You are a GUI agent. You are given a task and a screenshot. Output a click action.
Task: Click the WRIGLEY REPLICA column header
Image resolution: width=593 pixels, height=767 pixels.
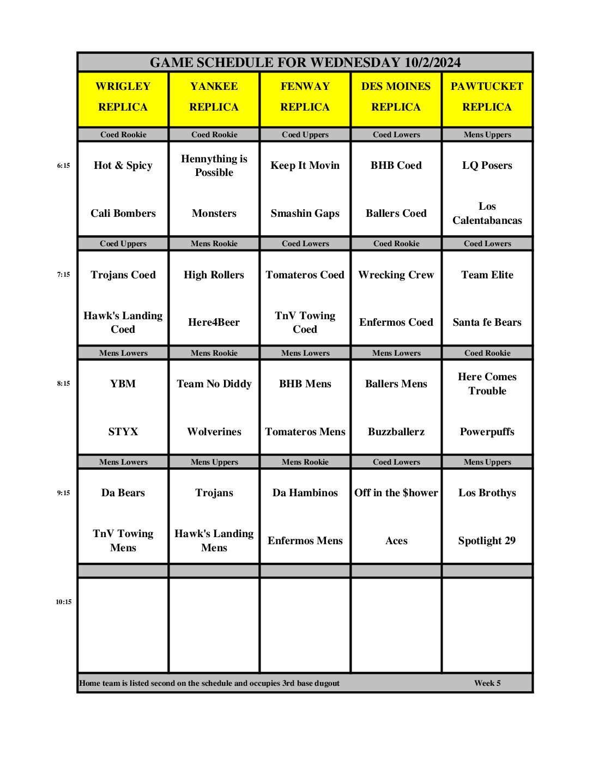point(123,97)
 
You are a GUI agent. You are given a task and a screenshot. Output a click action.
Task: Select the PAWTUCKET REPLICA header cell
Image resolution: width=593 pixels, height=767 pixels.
point(487,97)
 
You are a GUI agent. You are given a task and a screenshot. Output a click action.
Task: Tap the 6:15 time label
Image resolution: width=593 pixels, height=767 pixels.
point(64,166)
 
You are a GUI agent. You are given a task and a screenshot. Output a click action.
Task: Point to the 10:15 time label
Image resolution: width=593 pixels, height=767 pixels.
point(64,602)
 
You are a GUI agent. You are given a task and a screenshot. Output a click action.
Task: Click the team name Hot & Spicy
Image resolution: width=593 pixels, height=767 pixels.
point(123,166)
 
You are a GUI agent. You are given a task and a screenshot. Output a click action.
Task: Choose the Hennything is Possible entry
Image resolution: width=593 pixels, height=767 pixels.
point(214,166)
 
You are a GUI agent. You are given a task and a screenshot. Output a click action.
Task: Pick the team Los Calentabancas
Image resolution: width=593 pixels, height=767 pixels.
point(487,214)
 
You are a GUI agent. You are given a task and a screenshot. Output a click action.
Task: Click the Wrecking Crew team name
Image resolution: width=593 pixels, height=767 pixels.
point(396,275)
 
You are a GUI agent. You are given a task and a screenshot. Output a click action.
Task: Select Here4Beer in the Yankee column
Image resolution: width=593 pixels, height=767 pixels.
point(214,322)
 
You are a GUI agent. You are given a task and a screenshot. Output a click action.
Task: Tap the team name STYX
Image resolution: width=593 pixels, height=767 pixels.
point(123,432)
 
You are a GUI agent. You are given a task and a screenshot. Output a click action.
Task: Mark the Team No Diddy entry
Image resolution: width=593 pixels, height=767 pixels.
point(214,384)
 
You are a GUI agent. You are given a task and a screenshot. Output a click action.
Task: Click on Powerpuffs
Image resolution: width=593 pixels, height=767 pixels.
point(487,432)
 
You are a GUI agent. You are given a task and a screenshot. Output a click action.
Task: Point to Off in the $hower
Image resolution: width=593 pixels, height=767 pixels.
point(396,493)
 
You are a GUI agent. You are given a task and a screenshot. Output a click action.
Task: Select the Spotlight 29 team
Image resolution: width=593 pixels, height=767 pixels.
point(487,541)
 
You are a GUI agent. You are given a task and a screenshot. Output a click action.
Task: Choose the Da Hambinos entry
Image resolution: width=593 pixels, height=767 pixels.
point(305,493)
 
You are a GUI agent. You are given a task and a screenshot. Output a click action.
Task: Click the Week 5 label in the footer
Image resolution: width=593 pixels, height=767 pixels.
point(487,683)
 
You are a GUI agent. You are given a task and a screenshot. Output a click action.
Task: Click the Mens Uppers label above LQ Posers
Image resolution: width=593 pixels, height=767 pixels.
point(487,135)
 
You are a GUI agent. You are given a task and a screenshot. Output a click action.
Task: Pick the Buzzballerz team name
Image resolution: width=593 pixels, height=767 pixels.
point(396,432)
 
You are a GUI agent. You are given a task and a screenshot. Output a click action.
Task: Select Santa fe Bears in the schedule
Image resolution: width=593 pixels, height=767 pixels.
point(487,322)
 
